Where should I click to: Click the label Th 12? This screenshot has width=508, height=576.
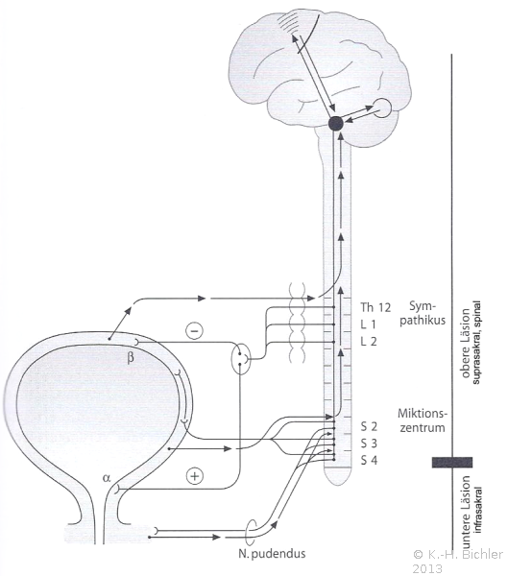click(x=375, y=307)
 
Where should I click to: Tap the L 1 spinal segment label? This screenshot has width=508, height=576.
click(x=369, y=324)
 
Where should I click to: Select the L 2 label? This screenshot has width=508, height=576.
click(x=369, y=341)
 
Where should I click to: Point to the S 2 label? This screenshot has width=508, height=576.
click(x=369, y=426)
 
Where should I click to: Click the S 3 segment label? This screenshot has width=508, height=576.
click(x=369, y=444)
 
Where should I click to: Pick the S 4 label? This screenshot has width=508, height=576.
click(x=369, y=460)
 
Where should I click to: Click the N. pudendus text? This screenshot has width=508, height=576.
click(x=272, y=553)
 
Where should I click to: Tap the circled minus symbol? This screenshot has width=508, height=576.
click(x=194, y=330)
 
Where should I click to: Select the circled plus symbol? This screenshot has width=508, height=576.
click(x=195, y=476)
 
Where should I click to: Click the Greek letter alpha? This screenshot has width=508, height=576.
click(x=107, y=477)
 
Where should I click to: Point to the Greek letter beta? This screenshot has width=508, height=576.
click(x=131, y=357)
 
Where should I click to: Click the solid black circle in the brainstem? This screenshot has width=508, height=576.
click(x=335, y=124)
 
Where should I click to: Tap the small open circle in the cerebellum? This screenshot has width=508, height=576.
click(x=382, y=108)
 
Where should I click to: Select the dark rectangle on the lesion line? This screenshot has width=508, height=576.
click(x=451, y=462)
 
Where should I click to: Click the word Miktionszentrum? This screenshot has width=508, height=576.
click(x=423, y=421)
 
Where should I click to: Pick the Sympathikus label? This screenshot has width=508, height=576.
click(x=423, y=313)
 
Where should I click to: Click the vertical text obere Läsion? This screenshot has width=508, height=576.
click(x=466, y=343)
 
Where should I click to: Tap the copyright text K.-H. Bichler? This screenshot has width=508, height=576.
click(x=458, y=554)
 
